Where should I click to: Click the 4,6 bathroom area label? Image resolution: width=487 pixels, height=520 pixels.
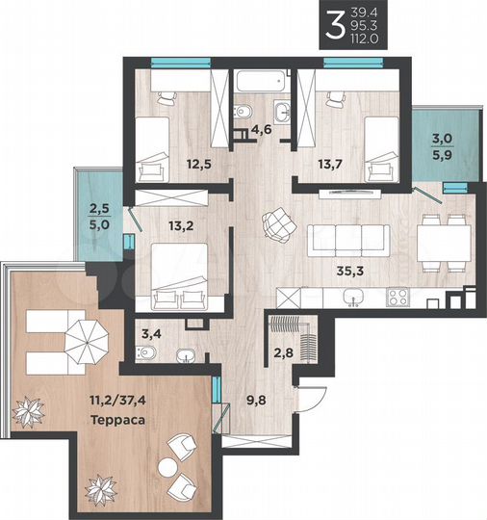tap(262, 130)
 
